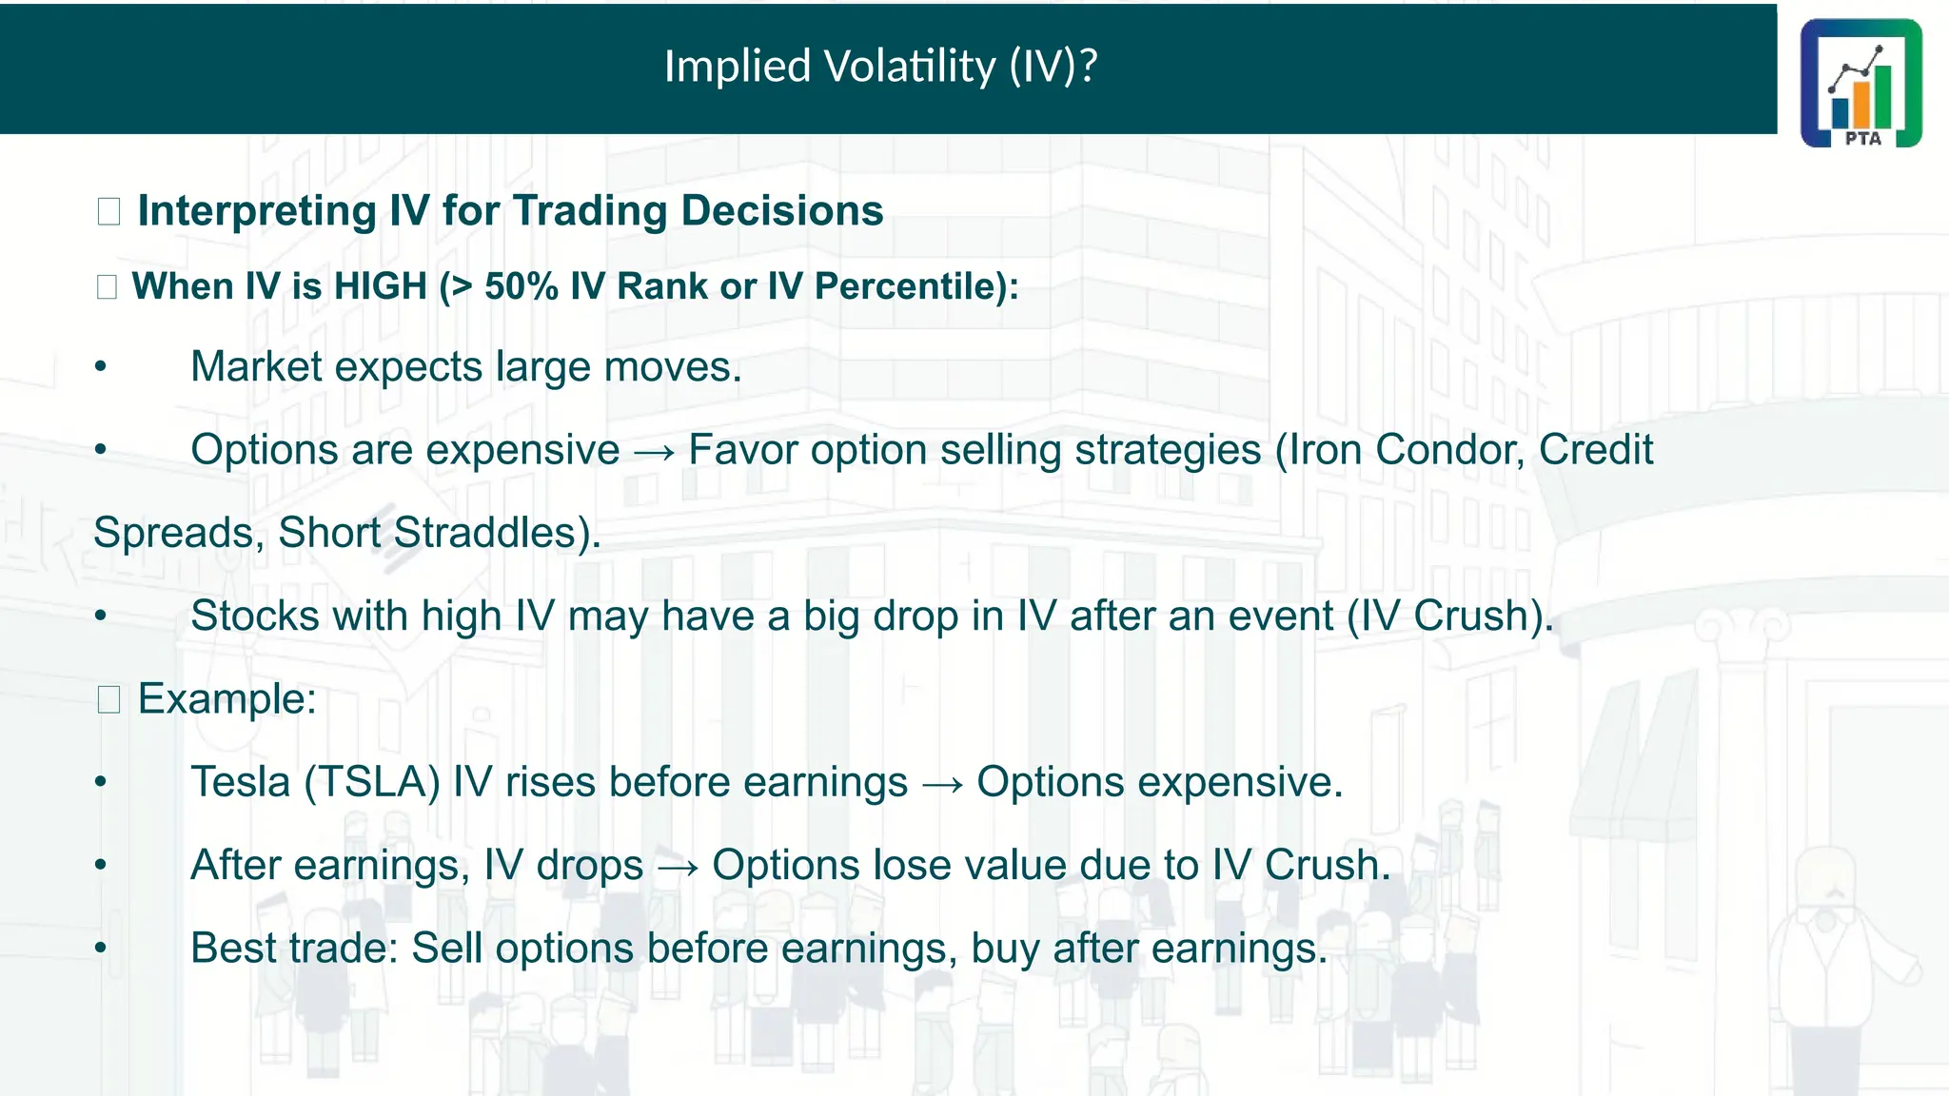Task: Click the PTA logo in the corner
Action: (1860, 83)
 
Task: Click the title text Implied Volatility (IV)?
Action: (880, 67)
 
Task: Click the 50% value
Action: (521, 286)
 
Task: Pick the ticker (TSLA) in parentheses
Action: (372, 782)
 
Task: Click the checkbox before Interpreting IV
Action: (108, 211)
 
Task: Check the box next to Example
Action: (108, 700)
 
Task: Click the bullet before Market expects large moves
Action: (101, 368)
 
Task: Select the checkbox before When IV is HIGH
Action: (107, 286)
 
